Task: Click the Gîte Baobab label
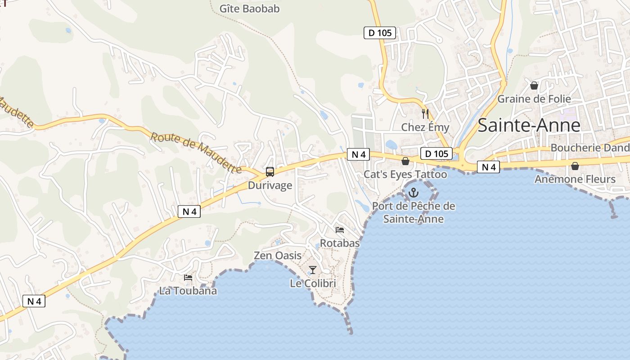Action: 249,9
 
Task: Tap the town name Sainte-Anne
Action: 529,125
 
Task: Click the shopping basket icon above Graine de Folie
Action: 534,85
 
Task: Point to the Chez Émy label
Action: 425,127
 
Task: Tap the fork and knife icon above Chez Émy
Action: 425,113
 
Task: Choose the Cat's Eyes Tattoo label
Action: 405,175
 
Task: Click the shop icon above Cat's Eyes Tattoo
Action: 405,161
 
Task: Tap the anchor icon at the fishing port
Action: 413,193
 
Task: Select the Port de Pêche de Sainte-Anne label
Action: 414,213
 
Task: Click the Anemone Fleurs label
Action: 575,180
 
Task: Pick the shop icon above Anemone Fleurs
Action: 575,166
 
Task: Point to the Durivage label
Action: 270,185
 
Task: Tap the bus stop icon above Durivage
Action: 270,171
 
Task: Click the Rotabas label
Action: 340,243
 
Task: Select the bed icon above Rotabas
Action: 340,230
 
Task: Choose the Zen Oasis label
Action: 278,256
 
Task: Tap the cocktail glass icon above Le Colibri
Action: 313,270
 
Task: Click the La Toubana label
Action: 188,291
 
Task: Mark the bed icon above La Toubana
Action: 188,278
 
